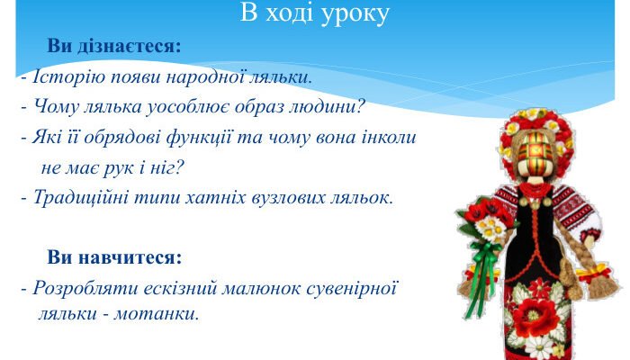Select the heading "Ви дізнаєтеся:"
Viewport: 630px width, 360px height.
[113, 46]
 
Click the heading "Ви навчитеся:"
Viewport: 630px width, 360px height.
[114, 258]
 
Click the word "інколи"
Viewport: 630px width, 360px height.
[387, 138]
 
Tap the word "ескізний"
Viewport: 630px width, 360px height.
[163, 289]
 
